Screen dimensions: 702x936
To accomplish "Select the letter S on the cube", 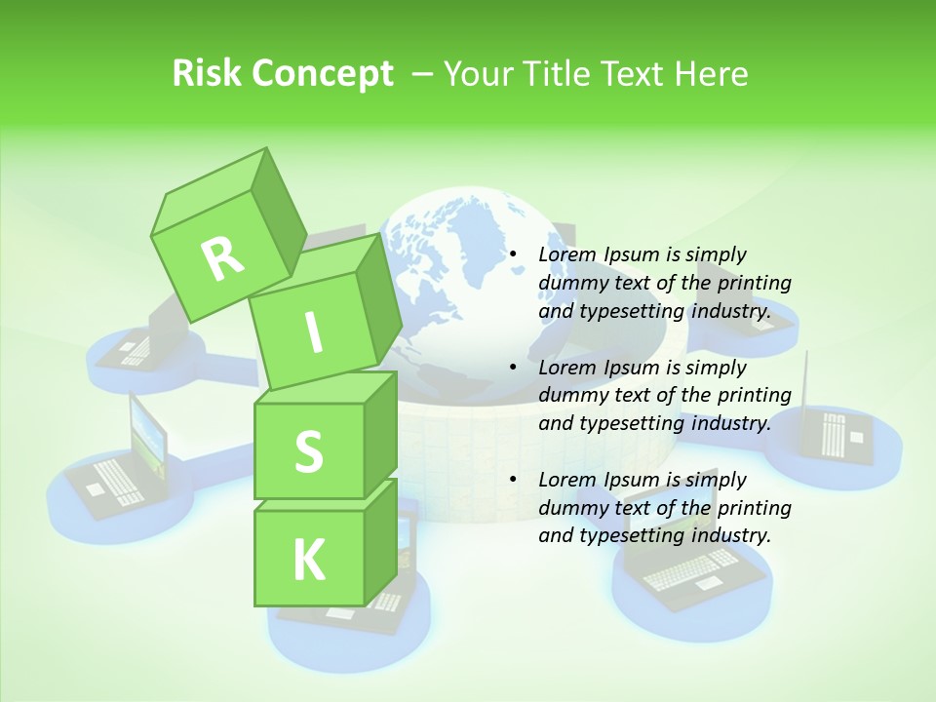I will click(308, 451).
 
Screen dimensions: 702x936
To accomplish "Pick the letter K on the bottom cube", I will click(308, 561).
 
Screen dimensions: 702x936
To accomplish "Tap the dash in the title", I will click(424, 73).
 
